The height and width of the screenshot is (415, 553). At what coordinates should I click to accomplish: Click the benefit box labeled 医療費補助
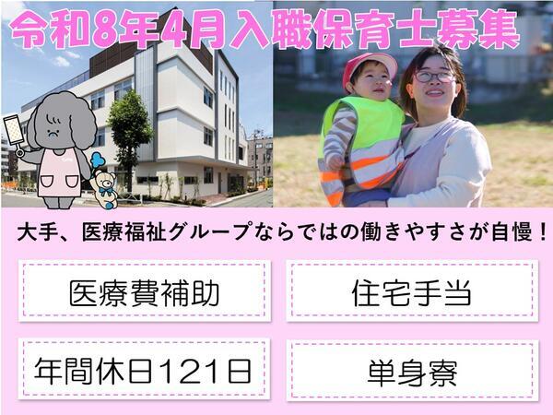tap(144, 293)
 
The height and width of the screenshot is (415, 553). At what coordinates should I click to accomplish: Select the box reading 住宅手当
tap(411, 293)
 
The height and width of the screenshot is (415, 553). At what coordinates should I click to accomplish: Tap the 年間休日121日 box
tap(144, 371)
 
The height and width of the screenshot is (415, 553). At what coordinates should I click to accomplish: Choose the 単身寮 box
tap(411, 371)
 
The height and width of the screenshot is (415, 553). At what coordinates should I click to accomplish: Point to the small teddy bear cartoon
tap(103, 181)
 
